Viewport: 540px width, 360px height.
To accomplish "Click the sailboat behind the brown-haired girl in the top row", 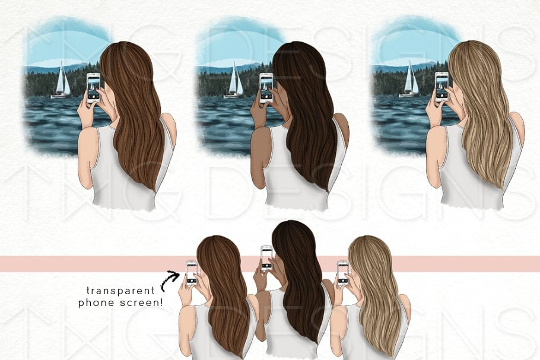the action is click(x=61, y=81).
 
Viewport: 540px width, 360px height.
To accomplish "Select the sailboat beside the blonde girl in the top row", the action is click(x=410, y=80).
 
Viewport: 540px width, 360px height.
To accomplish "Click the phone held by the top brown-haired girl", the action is click(x=93, y=88).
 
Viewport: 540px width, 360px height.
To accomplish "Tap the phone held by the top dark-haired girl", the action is click(x=266, y=88).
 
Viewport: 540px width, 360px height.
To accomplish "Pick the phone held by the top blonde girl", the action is click(x=441, y=87).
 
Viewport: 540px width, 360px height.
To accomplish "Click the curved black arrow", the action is click(x=170, y=280).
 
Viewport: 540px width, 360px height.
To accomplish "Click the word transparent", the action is click(x=120, y=291).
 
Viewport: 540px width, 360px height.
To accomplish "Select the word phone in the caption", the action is click(x=96, y=303).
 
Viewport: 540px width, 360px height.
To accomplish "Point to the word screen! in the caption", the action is click(x=141, y=303).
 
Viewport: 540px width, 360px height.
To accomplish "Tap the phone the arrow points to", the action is click(x=192, y=273).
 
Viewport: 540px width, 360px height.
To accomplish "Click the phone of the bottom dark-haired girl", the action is click(x=267, y=258).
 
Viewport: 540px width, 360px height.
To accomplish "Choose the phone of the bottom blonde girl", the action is click(x=343, y=273).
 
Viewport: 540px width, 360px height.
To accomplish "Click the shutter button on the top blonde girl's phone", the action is click(x=441, y=95).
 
